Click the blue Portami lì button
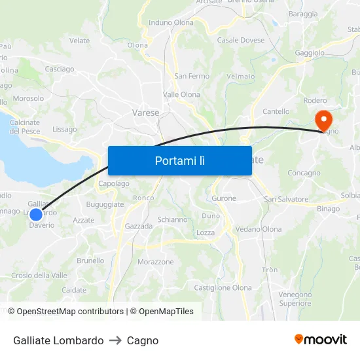click(x=179, y=160)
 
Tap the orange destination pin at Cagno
click(x=323, y=120)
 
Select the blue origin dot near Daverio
click(x=36, y=214)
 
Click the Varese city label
click(x=145, y=113)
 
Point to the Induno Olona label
click(x=171, y=22)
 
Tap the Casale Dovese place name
click(x=241, y=40)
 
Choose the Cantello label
click(x=276, y=111)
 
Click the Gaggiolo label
click(x=310, y=52)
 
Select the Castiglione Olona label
click(x=223, y=287)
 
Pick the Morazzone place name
click(x=156, y=262)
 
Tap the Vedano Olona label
click(x=258, y=229)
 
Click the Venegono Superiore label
click(x=295, y=298)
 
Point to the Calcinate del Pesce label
click(x=25, y=126)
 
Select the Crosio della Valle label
click(x=39, y=276)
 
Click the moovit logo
click(x=321, y=340)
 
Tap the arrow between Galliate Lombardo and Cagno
click(x=115, y=340)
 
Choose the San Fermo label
click(x=192, y=76)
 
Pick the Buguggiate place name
click(x=105, y=205)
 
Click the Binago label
click(x=328, y=209)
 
